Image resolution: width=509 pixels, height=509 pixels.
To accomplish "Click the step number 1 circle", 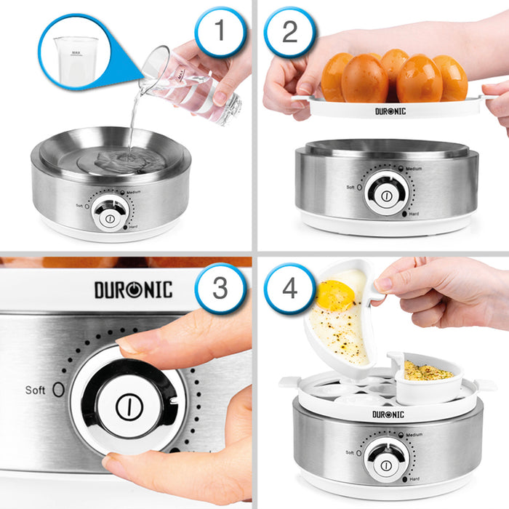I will (220, 33).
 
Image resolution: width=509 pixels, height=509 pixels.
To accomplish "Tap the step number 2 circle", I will (289, 32).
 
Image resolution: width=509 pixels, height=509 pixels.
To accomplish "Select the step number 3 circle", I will (220, 289).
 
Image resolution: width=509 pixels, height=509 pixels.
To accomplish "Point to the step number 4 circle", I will (289, 288).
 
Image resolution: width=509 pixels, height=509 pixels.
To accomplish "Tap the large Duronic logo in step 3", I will (133, 289).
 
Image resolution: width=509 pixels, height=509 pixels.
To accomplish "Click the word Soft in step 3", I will (36, 390).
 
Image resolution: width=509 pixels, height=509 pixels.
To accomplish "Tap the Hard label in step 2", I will (414, 214).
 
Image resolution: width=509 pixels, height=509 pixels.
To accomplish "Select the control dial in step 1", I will (110, 217).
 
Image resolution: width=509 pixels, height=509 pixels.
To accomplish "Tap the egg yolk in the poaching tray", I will (334, 294).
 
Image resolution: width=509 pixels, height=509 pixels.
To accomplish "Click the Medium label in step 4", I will (414, 435).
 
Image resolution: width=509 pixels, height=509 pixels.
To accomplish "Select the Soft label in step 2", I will (350, 187).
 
